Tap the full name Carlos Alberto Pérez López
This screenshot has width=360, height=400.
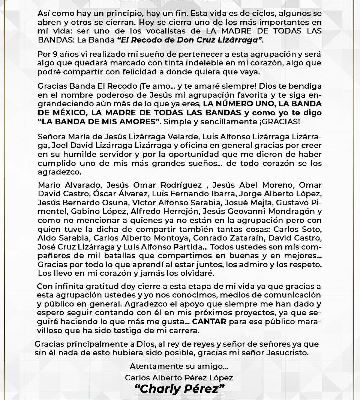tap(179, 378)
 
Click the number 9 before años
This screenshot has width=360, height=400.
tap(55, 55)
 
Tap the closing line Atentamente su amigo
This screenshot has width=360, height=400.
tap(179, 366)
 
